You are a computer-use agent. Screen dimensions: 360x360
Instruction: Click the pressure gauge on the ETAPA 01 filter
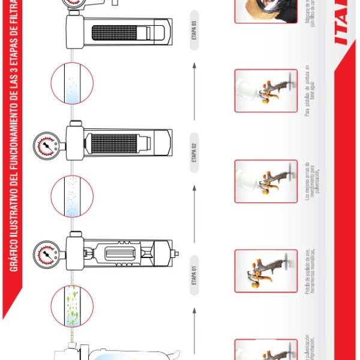[x=45, y=253]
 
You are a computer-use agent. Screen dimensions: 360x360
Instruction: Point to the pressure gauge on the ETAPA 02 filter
[x=45, y=145]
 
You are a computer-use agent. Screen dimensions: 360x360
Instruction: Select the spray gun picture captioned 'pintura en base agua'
[x=266, y=91]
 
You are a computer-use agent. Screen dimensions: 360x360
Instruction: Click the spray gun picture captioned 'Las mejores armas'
[x=266, y=181]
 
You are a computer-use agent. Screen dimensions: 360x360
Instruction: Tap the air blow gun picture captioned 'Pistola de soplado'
[x=266, y=271]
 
